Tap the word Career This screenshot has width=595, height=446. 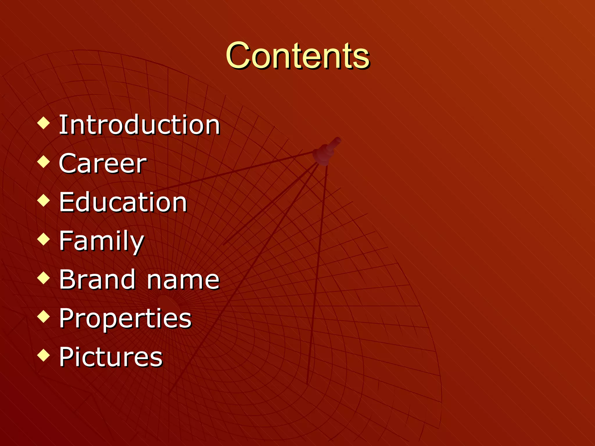coord(103,163)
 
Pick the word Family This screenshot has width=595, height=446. coord(101,241)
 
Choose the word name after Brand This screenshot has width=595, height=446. coord(183,280)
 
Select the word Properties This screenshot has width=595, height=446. coord(125,319)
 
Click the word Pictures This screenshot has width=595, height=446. coord(111,357)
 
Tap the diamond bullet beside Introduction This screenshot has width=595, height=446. coord(44,123)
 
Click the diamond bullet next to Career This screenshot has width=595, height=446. coord(44,162)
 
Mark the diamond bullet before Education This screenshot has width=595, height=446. coord(44,200)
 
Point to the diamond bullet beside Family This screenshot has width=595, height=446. coord(44,239)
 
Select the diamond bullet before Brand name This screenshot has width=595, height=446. coord(44,278)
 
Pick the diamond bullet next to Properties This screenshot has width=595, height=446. coord(44,316)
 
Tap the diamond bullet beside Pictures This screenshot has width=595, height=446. coord(44,355)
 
